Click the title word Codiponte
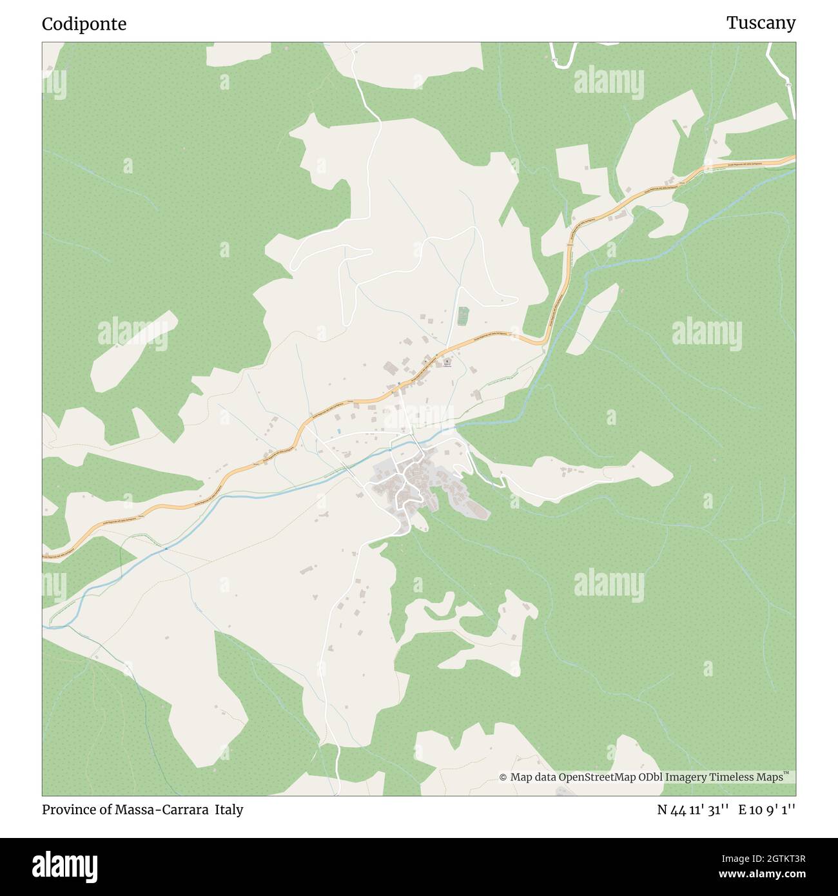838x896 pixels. (84, 24)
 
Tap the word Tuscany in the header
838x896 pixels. (761, 23)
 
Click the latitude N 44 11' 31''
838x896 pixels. (693, 810)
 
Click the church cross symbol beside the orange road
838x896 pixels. (446, 363)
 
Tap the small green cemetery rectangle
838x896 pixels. (462, 316)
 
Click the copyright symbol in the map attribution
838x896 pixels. (503, 777)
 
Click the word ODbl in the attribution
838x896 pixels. (651, 777)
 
